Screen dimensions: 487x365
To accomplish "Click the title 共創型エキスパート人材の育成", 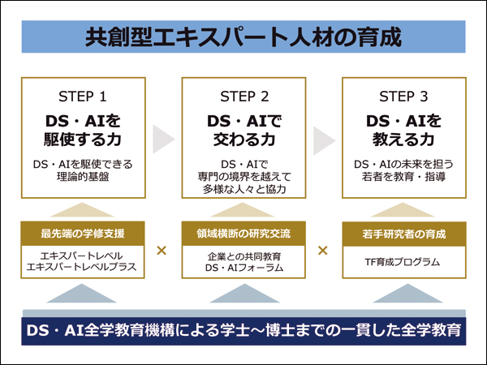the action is click(243, 37).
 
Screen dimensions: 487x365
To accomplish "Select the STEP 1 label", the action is click(83, 97).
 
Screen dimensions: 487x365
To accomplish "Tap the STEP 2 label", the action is click(244, 97).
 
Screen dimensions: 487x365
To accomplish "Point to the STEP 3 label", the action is click(403, 97).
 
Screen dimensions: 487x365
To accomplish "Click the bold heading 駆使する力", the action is click(83, 139).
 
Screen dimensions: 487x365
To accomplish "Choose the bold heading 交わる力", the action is click(244, 139).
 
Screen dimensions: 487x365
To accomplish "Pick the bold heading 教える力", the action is click(403, 139).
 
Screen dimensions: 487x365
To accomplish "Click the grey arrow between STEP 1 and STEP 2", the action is click(162, 139).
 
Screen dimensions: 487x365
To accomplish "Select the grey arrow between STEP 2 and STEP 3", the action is click(323, 140).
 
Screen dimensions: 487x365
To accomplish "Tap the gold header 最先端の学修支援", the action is click(83, 234).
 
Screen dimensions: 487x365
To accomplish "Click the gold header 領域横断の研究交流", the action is click(243, 234).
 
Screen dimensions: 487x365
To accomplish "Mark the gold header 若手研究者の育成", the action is click(403, 234).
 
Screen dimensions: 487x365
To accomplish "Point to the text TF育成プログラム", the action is click(403, 262).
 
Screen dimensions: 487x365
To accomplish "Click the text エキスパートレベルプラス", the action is click(81, 267).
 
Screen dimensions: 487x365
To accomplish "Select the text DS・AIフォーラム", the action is click(244, 267).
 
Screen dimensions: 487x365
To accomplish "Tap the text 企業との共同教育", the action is click(244, 256).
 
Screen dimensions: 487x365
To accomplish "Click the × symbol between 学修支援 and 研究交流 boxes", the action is click(162, 250).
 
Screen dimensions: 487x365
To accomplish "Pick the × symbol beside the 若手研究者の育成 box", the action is click(323, 250).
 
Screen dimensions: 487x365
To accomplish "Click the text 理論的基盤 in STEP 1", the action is click(83, 177).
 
